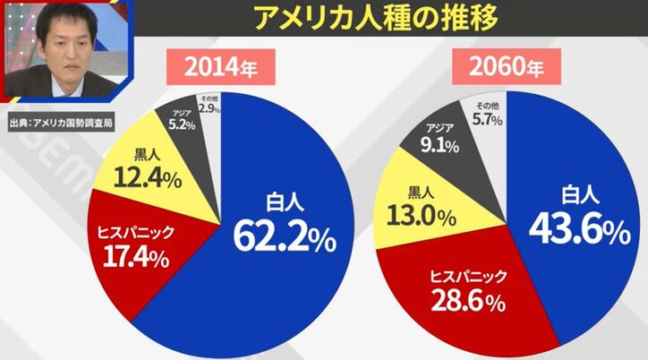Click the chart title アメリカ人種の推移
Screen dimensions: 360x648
coord(379,17)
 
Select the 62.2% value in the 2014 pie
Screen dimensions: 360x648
coord(285,233)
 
